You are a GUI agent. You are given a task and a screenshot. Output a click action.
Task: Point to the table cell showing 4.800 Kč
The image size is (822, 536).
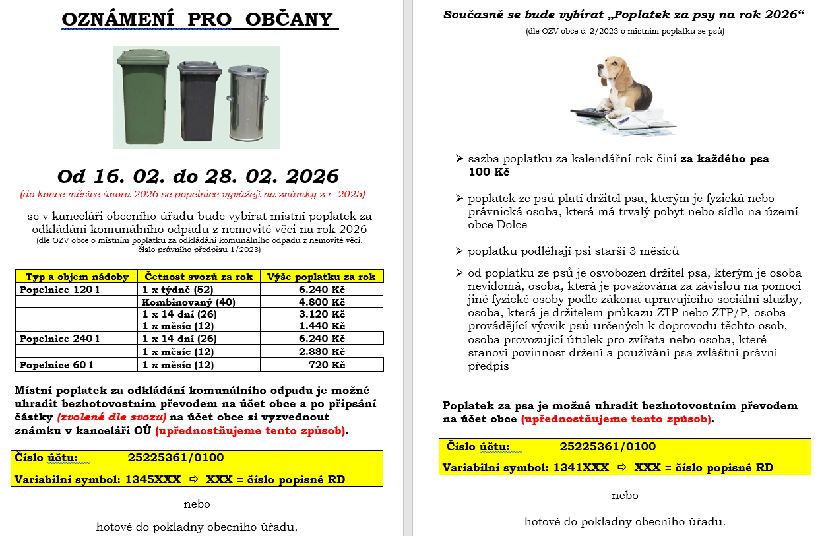pyautogui.click(x=321, y=302)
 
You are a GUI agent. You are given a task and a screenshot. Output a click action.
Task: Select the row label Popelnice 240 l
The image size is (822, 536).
pyautogui.click(x=60, y=339)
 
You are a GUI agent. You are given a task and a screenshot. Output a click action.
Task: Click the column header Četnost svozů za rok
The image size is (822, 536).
pyautogui.click(x=199, y=277)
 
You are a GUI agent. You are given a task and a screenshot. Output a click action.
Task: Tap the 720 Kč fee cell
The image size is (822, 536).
pyautogui.click(x=327, y=364)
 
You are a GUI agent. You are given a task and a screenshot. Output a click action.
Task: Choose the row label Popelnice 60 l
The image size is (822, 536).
pyautogui.click(x=57, y=364)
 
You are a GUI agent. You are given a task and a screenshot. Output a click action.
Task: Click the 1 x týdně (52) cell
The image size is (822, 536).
pyautogui.click(x=178, y=289)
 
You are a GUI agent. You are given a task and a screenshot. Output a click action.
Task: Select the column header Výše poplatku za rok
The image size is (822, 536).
pyautogui.click(x=321, y=277)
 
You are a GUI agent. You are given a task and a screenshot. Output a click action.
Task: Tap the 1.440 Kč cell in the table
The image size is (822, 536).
pyautogui.click(x=321, y=326)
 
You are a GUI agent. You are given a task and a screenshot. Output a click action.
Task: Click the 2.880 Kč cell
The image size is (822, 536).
pyautogui.click(x=321, y=351)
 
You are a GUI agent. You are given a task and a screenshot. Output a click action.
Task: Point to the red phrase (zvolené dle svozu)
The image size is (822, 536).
pyautogui.click(x=111, y=417)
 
